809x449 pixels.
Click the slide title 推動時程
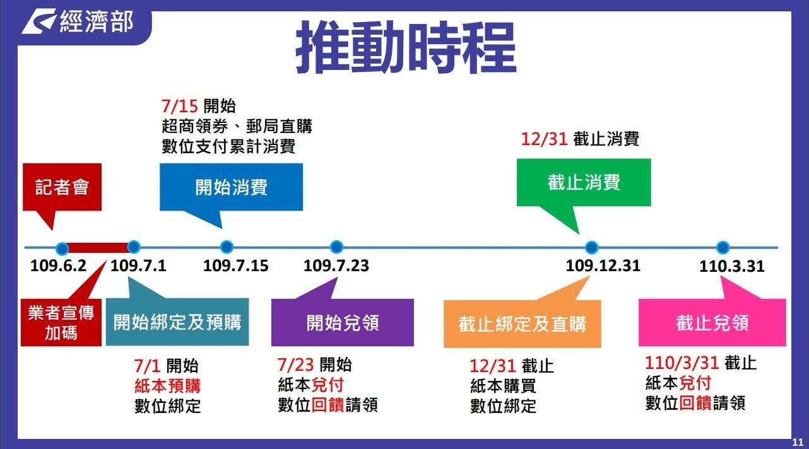[406, 47]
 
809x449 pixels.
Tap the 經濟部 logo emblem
[38, 21]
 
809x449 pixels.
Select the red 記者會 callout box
[62, 187]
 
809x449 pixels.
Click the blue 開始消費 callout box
[231, 187]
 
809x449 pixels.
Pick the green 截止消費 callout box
[584, 182]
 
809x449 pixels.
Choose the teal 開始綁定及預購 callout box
[177, 322]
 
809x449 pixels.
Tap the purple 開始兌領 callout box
[343, 322]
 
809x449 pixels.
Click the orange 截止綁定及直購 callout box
[523, 324]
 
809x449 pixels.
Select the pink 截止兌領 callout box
[712, 322]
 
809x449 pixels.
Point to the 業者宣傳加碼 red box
[61, 322]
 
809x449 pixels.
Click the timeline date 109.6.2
[59, 266]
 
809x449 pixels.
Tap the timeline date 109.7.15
[236, 266]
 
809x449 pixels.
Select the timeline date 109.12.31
[603, 266]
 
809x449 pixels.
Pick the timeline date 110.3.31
[732, 266]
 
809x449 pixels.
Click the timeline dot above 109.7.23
[336, 247]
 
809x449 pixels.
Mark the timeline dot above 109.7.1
[134, 247]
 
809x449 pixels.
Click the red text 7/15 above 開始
[179, 106]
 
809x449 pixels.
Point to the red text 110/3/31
[682, 363]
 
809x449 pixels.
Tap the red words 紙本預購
[168, 386]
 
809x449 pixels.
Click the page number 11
[798, 442]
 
